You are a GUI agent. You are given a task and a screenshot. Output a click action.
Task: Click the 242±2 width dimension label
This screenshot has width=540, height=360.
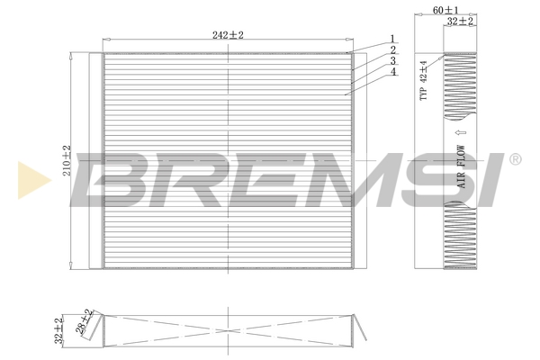pos(228,35)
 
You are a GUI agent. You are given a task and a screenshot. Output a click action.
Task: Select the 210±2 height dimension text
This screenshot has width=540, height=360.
pos(67,160)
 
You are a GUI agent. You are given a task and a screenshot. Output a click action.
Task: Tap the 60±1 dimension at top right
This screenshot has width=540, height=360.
pos(445,10)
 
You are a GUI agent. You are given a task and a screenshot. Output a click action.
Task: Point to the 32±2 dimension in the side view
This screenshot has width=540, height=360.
pos(460,21)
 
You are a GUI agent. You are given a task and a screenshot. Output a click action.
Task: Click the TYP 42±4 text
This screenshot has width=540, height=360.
pos(424,81)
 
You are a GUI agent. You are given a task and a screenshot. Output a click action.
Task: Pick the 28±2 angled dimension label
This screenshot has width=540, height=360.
pos(85,322)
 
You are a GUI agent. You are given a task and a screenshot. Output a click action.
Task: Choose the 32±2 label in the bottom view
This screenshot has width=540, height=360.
pos(58,330)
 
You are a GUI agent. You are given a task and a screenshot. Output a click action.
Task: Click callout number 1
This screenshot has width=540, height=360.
pos(392,38)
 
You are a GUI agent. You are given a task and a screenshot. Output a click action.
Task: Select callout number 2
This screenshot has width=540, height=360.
pos(393,50)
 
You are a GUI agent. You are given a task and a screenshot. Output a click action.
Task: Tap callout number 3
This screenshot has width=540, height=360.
pos(393,61)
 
